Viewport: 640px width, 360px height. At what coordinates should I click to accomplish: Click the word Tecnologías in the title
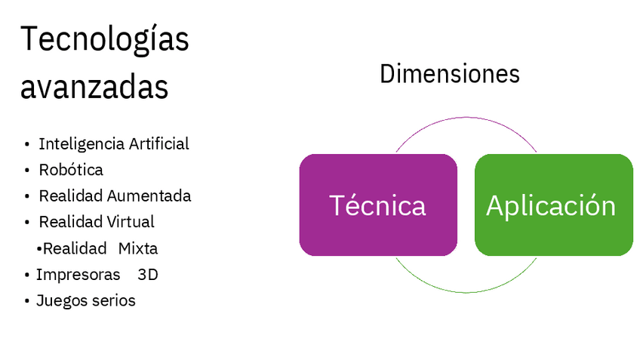pyautogui.click(x=104, y=40)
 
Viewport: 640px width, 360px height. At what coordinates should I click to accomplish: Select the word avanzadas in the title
pyautogui.click(x=94, y=88)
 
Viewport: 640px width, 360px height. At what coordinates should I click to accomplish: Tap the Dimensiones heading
pyautogui.click(x=449, y=74)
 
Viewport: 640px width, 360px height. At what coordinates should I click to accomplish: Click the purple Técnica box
pyautogui.click(x=377, y=205)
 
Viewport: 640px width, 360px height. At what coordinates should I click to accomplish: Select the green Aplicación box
pyautogui.click(x=553, y=205)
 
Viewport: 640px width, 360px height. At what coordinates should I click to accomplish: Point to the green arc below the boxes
pyautogui.click(x=466, y=291)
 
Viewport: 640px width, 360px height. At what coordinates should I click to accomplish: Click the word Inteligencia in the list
pyautogui.click(x=81, y=143)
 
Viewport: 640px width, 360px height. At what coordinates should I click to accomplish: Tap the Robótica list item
pyautogui.click(x=71, y=170)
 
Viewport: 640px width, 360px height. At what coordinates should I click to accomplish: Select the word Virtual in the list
pyautogui.click(x=129, y=222)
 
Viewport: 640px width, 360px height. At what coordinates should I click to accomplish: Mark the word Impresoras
pyautogui.click(x=78, y=274)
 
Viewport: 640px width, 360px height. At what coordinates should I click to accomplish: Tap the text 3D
pyautogui.click(x=148, y=274)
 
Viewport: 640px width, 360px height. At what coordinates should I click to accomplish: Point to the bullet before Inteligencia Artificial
pyautogui.click(x=27, y=144)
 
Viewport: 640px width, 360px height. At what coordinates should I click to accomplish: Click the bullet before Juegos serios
pyautogui.click(x=27, y=301)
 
